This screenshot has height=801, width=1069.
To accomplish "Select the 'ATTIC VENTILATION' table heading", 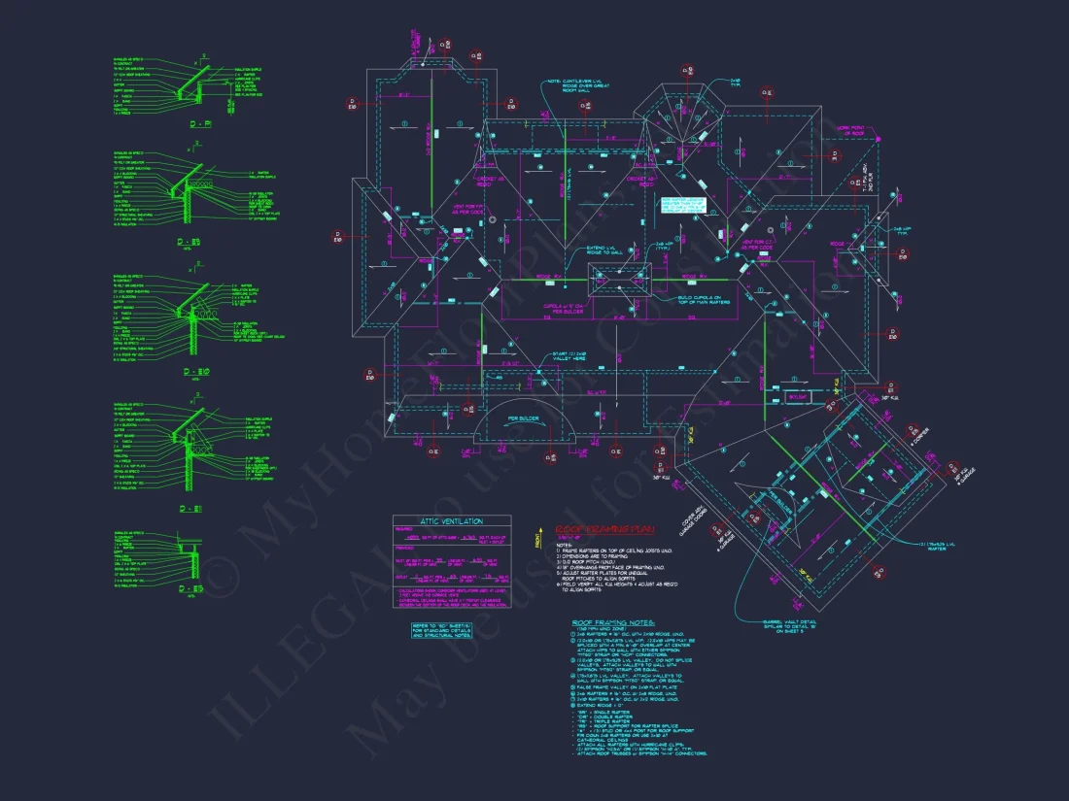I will [x=451, y=521].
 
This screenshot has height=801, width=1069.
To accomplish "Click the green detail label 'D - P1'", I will [x=201, y=125].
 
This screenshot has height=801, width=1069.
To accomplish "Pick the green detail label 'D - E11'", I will [x=190, y=509].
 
